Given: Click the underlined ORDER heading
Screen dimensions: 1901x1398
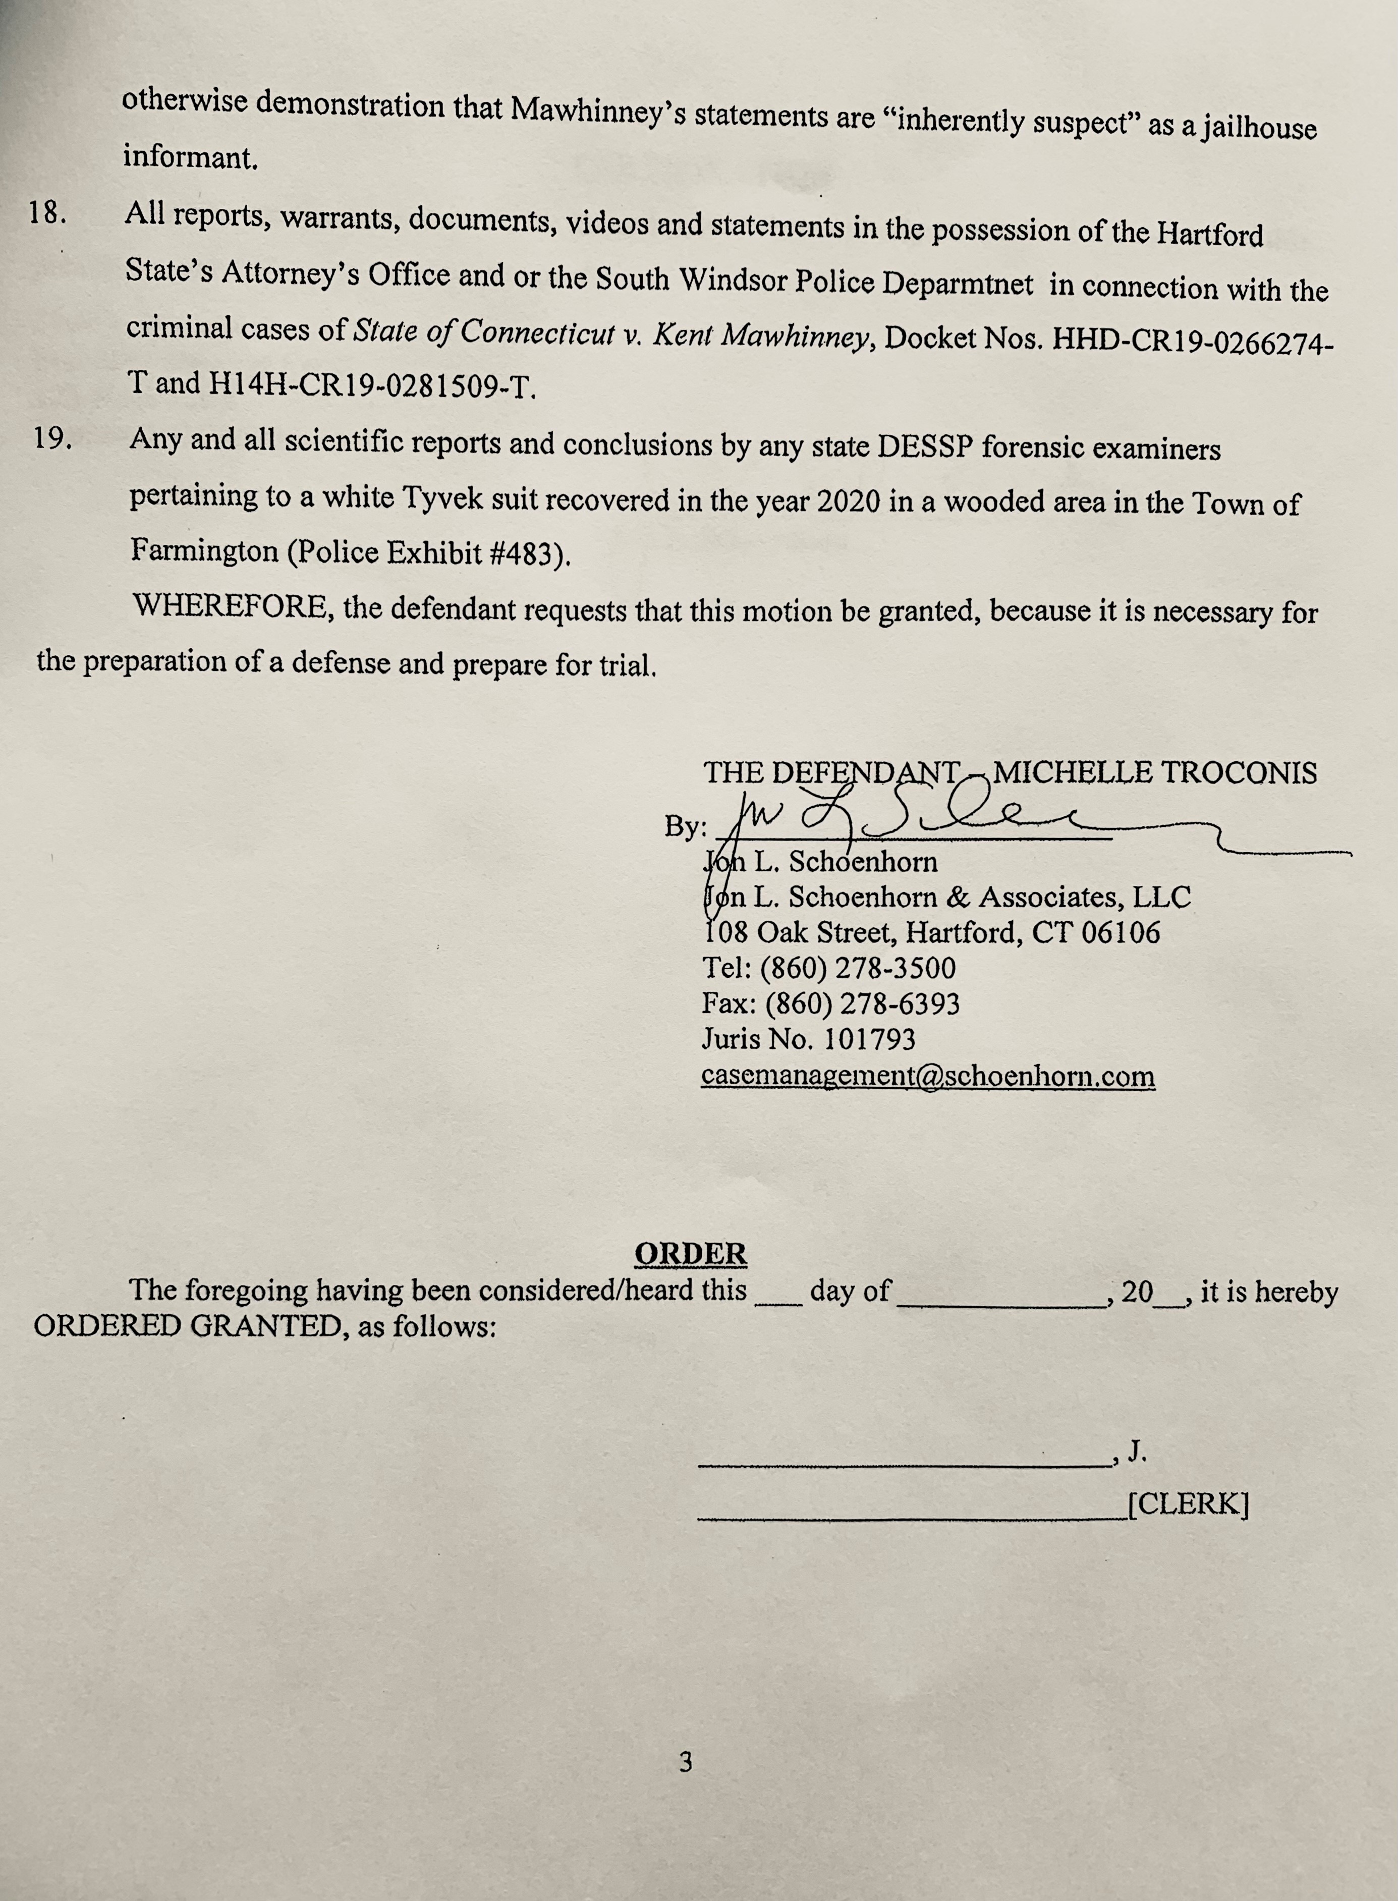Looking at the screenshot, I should tap(691, 1253).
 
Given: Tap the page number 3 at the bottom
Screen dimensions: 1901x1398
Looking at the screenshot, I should tap(686, 1762).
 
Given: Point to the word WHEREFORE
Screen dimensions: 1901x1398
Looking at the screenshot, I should tap(230, 606).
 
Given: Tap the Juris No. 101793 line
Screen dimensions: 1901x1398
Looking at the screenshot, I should tap(808, 1039).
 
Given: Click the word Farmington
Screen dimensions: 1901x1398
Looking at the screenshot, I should tap(204, 551).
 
